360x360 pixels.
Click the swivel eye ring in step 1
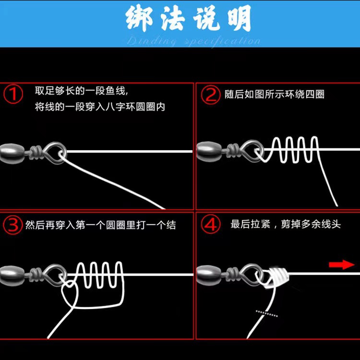(x=56, y=153)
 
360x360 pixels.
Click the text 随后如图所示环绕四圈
(x=275, y=94)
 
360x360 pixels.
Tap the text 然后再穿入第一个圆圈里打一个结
(x=100, y=225)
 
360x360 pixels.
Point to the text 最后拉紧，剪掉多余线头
(x=286, y=224)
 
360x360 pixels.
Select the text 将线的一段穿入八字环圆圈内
(x=100, y=107)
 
